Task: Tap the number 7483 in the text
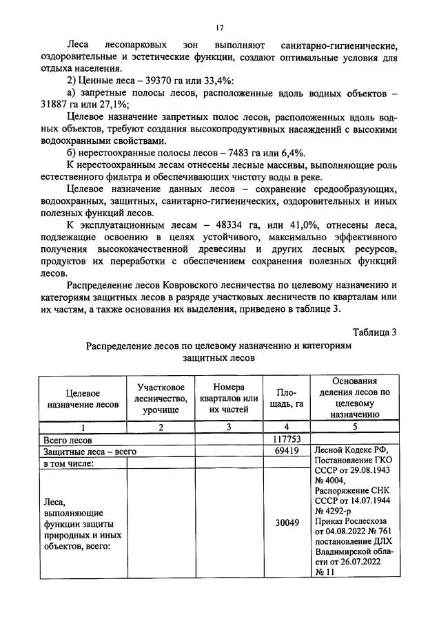238,152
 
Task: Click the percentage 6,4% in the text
289,152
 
